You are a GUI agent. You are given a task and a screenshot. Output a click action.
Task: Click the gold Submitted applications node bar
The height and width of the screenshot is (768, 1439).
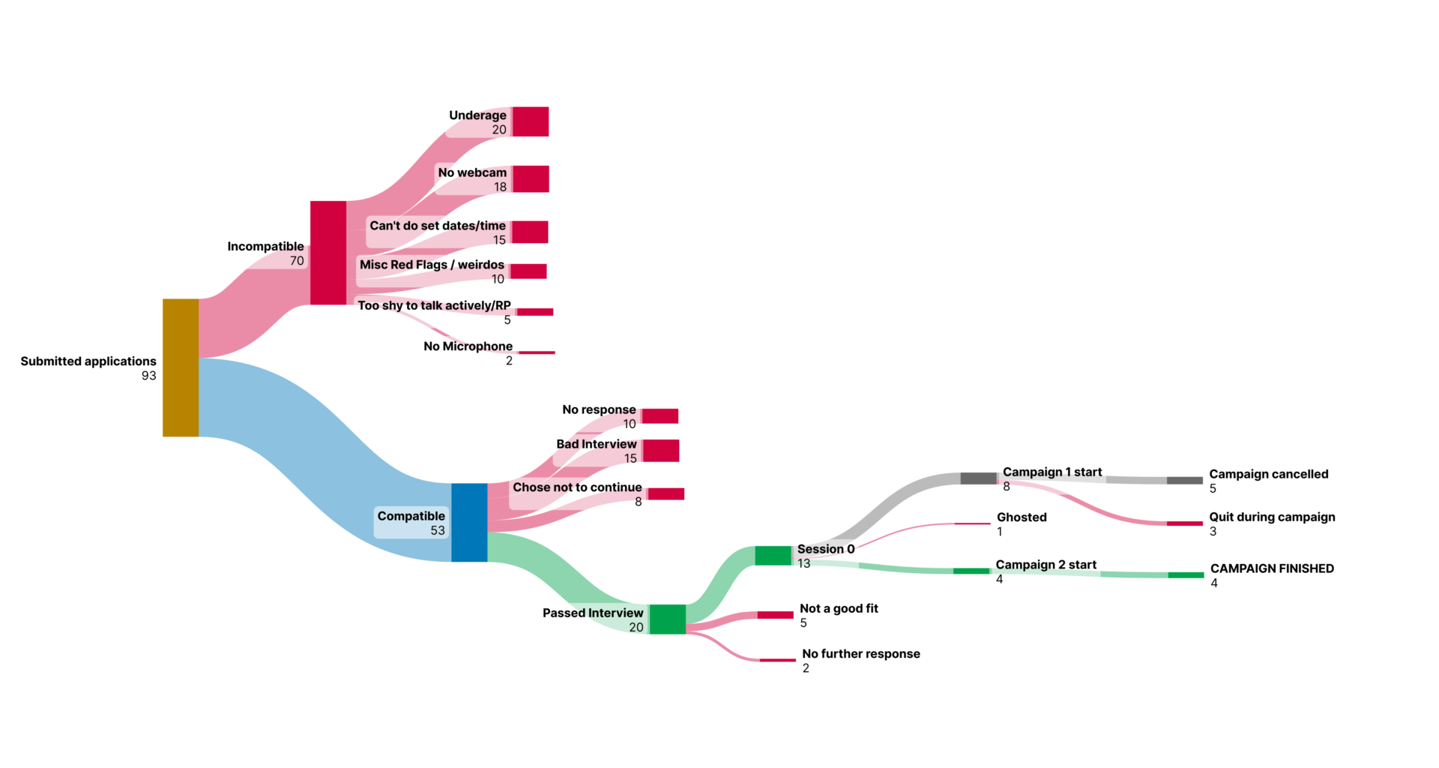(x=181, y=367)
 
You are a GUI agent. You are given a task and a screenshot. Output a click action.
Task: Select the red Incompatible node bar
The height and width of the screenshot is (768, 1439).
(x=328, y=252)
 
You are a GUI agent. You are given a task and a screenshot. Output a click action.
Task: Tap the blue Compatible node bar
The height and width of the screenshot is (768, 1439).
(x=469, y=522)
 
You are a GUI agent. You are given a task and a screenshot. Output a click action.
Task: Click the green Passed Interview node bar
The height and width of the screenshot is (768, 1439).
(x=668, y=619)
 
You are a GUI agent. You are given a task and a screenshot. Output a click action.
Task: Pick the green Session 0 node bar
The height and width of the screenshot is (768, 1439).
(x=773, y=555)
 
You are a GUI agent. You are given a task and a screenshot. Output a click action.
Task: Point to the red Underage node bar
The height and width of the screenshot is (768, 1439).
(x=531, y=121)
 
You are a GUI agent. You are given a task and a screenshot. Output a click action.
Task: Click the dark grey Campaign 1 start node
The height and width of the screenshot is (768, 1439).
(x=978, y=478)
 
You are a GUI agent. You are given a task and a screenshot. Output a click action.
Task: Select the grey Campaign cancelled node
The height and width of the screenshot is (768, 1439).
(x=1184, y=480)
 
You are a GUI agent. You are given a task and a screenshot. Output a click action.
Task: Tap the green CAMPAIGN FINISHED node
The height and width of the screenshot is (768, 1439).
(x=1186, y=575)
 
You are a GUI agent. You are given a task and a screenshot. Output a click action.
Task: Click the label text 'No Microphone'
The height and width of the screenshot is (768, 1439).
(x=468, y=346)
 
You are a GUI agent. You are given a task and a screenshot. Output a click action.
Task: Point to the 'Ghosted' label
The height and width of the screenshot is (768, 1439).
(x=1022, y=517)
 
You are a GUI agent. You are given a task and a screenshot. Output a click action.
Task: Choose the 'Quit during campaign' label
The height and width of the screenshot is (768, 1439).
(x=1272, y=517)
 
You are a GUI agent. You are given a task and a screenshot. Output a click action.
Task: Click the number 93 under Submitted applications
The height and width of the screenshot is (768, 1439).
(x=148, y=376)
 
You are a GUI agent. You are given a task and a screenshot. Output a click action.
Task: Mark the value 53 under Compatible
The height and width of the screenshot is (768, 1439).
(x=438, y=530)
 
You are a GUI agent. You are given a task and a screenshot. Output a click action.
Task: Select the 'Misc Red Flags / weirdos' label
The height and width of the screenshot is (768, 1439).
(x=432, y=265)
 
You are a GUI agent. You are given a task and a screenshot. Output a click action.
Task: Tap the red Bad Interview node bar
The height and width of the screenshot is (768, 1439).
(x=661, y=451)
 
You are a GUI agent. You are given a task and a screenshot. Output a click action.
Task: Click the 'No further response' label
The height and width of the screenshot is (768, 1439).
(x=860, y=654)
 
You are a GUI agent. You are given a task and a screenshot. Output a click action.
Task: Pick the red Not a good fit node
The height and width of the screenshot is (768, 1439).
(x=775, y=615)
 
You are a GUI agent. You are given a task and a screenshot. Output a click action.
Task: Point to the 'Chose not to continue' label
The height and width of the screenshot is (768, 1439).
(x=577, y=487)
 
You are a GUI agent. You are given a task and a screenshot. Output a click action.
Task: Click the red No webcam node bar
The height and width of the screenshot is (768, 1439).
(x=531, y=179)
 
